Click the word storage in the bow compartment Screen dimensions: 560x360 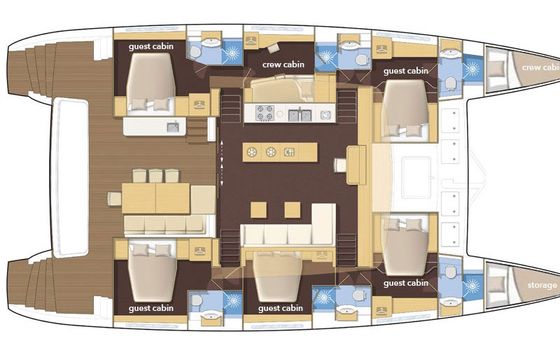pyautogui.click(x=542, y=285)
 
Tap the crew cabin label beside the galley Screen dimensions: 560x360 pyautogui.click(x=283, y=65)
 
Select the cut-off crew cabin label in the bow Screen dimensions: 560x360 pyautogui.click(x=541, y=68)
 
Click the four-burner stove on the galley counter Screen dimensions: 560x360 pyautogui.click(x=265, y=113)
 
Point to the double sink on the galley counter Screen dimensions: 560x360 pyautogui.click(x=300, y=115)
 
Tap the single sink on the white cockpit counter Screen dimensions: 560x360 pyautogui.click(x=173, y=127)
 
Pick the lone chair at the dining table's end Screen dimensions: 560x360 pyautogui.click(x=115, y=199)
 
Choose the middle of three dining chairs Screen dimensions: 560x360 pyautogui.click(x=156, y=176)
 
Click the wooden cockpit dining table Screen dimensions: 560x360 pyautogui.click(x=156, y=198)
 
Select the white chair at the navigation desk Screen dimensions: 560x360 pyautogui.click(x=340, y=165)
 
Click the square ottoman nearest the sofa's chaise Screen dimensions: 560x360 pyautogui.click(x=292, y=210)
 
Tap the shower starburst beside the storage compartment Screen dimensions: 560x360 pyautogui.click(x=472, y=286)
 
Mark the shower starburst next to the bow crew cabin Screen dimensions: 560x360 pyautogui.click(x=472, y=68)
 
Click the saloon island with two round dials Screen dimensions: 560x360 pyautogui.click(x=280, y=152)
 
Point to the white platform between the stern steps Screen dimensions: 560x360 pyautogui.click(x=70, y=177)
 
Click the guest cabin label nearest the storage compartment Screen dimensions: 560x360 pyautogui.click(x=406, y=283)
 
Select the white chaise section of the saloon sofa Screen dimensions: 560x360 pyautogui.click(x=324, y=224)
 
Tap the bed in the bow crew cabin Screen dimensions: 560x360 pyautogui.click(x=497, y=68)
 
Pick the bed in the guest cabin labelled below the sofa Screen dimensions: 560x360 pyautogui.click(x=278, y=276)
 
